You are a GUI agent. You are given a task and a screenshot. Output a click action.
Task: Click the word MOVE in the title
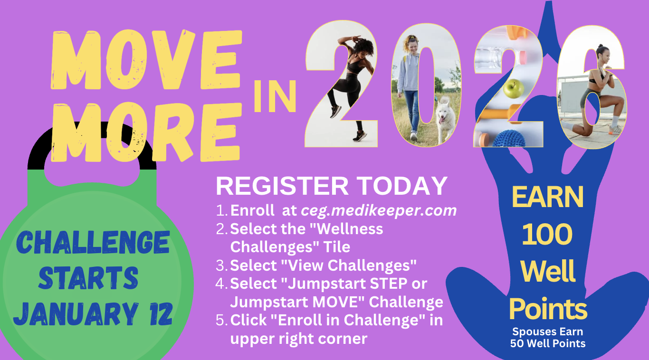tap(146, 60)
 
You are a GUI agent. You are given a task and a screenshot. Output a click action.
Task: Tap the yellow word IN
tap(275, 96)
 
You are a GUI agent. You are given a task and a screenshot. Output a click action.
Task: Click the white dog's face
tap(443, 114)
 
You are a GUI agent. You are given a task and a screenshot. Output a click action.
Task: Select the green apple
tap(514, 88)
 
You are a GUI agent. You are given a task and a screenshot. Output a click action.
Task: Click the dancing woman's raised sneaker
tap(335, 112)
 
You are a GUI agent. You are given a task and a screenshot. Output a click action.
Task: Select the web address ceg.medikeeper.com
tap(379, 210)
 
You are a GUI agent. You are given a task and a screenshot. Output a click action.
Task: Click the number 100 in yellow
tap(547, 234)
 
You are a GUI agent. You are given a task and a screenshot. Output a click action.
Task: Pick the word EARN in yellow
tap(547, 197)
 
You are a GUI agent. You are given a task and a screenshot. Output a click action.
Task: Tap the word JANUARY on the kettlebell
tap(76, 313)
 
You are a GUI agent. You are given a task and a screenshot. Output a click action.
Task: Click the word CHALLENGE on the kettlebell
tap(93, 242)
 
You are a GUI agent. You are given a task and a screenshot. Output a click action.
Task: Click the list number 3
tap(221, 265)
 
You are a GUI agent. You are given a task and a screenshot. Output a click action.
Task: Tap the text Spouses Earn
tap(548, 332)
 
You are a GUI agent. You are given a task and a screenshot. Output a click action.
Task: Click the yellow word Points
tap(548, 309)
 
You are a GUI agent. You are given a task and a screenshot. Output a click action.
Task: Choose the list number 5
tap(222, 320)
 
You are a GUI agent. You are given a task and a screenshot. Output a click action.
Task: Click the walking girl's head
tap(412, 43)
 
